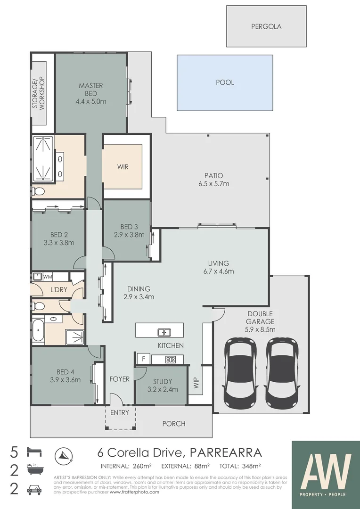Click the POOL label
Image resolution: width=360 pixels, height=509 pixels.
point(225,82)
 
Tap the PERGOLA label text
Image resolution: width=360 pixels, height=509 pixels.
point(266,27)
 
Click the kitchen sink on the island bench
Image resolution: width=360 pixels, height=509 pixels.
point(164,332)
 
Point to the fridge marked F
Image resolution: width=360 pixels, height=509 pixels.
point(142,359)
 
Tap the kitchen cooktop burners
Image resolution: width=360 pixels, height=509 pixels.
point(170,360)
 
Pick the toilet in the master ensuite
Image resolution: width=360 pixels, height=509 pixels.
point(39,191)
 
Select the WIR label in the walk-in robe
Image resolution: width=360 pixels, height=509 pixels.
point(123,167)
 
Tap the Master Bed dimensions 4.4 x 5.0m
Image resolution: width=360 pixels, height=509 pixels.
point(91,101)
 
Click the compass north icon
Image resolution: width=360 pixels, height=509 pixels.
point(64,455)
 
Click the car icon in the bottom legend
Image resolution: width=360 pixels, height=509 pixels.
point(35,489)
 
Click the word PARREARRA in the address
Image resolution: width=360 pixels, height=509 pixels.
point(225,453)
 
